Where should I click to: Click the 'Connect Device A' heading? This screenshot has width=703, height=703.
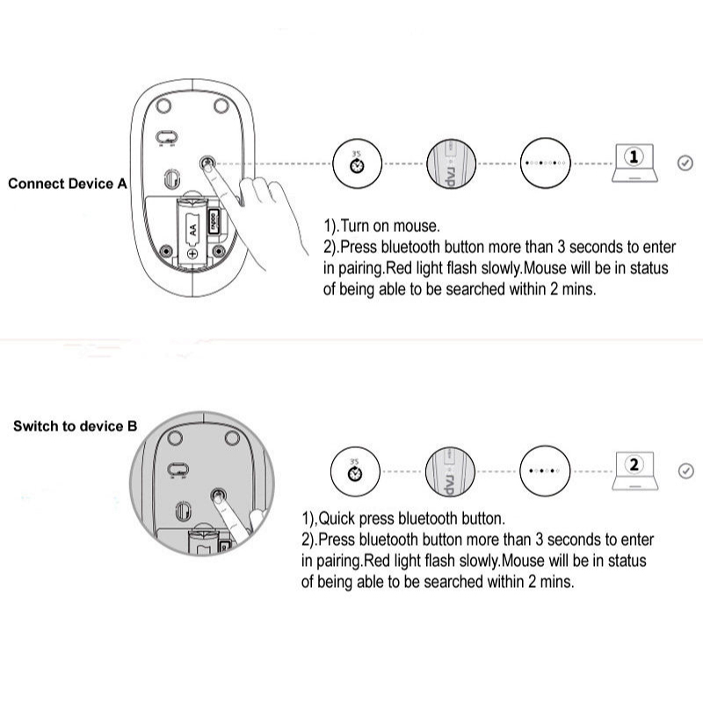coord(68,184)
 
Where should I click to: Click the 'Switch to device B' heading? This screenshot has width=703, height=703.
coord(75,426)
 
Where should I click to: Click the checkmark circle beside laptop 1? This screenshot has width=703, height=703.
coord(685,163)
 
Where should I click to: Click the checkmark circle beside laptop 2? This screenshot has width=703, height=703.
coord(686,471)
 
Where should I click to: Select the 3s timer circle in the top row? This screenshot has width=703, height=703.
coord(357,163)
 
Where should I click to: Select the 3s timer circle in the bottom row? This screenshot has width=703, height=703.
coord(355,470)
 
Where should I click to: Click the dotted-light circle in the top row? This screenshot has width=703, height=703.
coord(545,163)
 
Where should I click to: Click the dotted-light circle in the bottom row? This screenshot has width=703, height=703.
coord(545,470)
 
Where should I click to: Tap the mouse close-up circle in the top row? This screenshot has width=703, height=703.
coord(450,163)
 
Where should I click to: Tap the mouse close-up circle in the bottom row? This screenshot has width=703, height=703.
coord(450,470)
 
